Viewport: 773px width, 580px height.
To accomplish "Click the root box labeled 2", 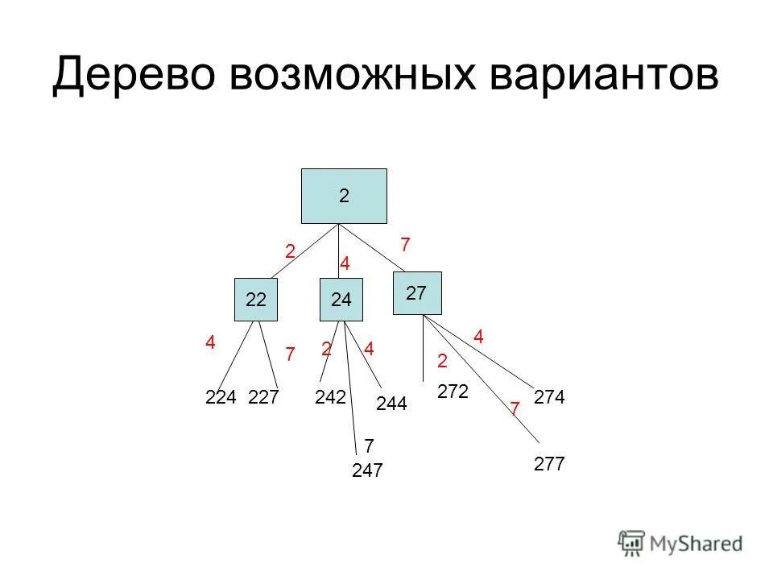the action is coord(344,196).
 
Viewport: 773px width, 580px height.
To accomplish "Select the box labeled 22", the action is coord(256,300).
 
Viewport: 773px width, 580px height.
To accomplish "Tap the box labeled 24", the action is coord(341,300).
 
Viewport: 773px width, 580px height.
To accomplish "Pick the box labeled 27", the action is coord(418,293).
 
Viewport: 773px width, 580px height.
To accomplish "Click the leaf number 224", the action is coord(220,396).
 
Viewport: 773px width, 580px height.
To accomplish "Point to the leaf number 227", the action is coord(264,396).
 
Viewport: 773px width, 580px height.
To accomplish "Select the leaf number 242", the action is coord(330,396).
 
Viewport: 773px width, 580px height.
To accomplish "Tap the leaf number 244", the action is coord(391,404).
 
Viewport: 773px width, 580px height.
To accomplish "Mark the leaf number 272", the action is coord(453,391).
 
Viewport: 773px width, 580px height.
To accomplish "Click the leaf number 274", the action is coord(550,396).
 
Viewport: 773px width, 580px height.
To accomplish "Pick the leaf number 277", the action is coord(549,464).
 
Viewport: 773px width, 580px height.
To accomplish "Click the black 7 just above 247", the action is coord(369,445).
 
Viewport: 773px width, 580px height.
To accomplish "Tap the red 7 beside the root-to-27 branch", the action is coord(405,243).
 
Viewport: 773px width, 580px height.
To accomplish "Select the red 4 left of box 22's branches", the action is coord(210,342).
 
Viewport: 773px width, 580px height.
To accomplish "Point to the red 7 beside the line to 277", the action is coord(514,410).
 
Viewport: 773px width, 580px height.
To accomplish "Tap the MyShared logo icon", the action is coord(632,542).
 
